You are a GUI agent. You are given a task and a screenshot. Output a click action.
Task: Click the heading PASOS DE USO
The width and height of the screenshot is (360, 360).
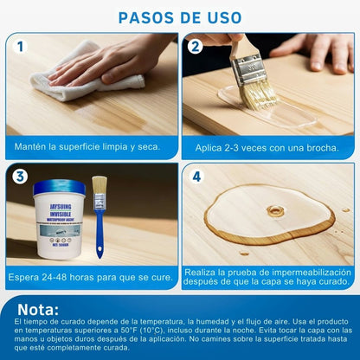tap(180, 17)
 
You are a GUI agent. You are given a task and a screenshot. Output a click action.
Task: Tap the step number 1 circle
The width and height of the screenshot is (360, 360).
tap(20, 47)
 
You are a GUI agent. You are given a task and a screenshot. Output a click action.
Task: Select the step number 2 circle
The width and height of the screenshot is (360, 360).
tap(196, 47)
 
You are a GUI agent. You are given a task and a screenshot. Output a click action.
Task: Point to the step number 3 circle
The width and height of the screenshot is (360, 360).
tap(20, 177)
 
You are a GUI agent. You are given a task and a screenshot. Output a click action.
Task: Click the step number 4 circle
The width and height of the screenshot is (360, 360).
tap(196, 177)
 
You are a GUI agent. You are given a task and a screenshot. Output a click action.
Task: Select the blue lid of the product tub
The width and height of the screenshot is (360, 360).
tap(60, 187)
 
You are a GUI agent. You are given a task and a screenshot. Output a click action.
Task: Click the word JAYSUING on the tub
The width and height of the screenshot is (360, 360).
tap(61, 207)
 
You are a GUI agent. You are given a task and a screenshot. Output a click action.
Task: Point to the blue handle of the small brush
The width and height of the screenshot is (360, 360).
tap(100, 231)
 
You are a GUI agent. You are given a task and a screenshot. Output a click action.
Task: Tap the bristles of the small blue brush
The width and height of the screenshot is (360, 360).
tap(100, 185)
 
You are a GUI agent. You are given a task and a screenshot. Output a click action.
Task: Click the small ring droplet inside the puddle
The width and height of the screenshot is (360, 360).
tap(275, 211)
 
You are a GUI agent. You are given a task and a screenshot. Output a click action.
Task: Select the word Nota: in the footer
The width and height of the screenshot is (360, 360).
tap(38, 310)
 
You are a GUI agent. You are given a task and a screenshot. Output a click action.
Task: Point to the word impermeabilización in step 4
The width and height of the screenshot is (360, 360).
tap(312, 273)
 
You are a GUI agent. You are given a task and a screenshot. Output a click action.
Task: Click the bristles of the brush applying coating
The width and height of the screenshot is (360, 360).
tap(258, 93)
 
